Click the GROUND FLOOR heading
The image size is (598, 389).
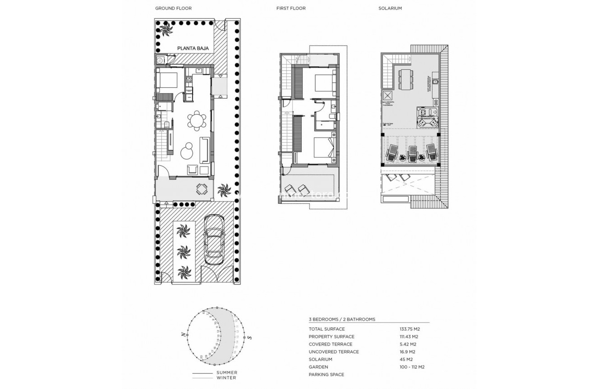[x=173, y=8]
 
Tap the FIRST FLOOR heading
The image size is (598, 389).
[x=291, y=8]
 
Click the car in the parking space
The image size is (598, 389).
[x=214, y=239]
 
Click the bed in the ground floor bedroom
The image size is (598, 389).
[x=167, y=80]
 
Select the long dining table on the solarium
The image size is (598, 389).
[x=406, y=79]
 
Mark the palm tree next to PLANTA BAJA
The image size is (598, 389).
[x=164, y=32]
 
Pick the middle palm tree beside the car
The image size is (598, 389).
[x=184, y=251]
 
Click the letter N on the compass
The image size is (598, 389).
[x=183, y=335]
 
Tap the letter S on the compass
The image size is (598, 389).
[x=249, y=337]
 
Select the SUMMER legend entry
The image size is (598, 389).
[x=227, y=373]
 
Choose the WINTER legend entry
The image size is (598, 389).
[x=227, y=378]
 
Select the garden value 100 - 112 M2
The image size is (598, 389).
[x=412, y=367]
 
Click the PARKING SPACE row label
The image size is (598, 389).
[x=326, y=375]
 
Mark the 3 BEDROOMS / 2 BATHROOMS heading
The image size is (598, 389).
[x=342, y=319]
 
